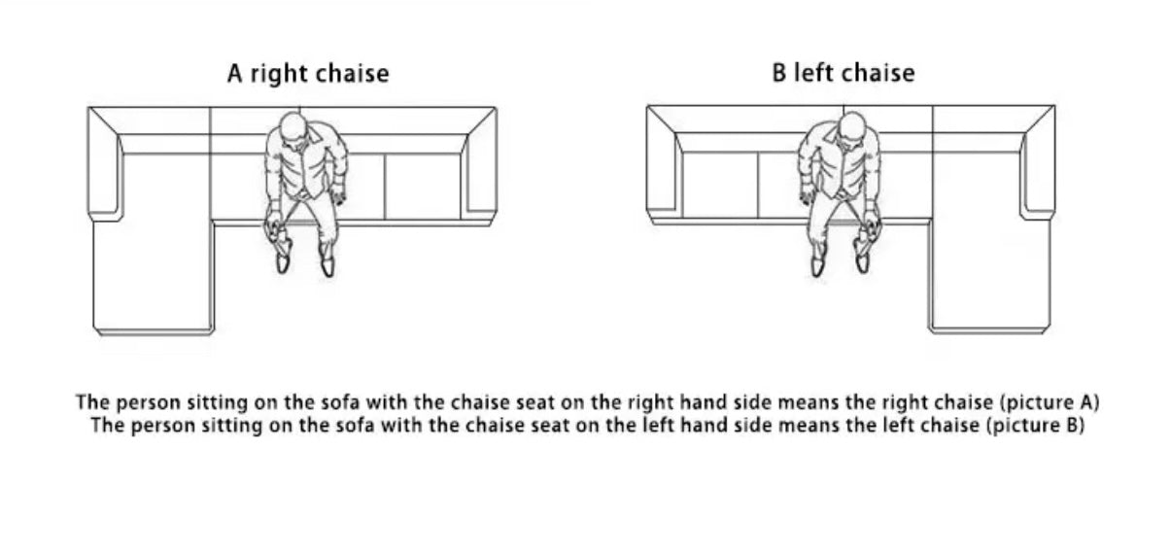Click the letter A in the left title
235,74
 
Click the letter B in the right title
779,73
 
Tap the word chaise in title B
878,73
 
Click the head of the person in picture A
293,128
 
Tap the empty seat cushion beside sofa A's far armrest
424,187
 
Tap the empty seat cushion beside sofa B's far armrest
720,185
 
